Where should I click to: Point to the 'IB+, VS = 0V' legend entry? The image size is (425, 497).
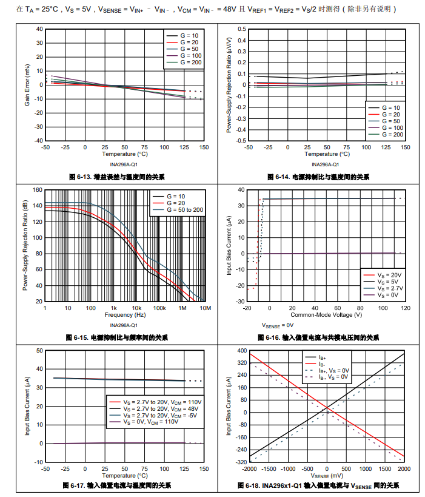[333, 370]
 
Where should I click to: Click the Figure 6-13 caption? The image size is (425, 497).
[116, 177]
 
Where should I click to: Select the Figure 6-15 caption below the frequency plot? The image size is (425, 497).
[117, 337]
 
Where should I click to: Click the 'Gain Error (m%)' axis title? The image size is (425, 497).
[27, 85]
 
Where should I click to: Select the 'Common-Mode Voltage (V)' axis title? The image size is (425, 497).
[326, 315]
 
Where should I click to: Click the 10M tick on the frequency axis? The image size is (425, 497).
[205, 308]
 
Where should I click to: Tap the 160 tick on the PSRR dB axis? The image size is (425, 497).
[37, 190]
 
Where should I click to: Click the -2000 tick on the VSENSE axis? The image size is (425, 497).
[249, 469]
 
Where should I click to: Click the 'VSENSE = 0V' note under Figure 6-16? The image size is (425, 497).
[278, 325]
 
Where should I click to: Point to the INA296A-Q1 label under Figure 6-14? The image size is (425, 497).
[325, 164]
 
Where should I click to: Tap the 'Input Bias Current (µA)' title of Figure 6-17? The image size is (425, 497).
[27, 406]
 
